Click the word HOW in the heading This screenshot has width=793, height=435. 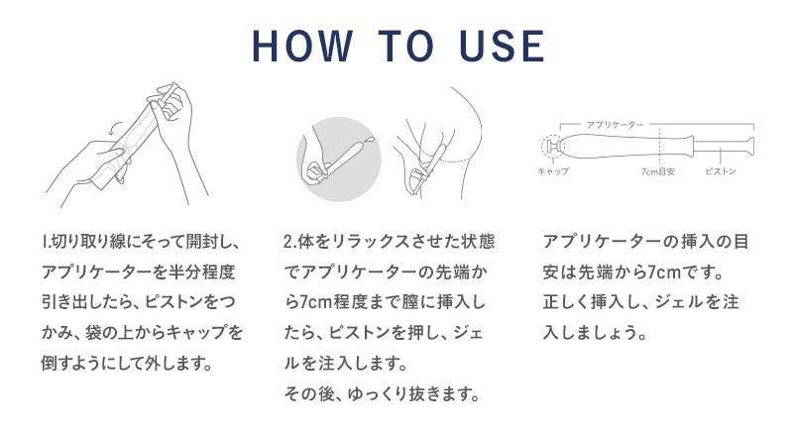pyautogui.click(x=302, y=46)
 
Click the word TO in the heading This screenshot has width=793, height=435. pyautogui.click(x=405, y=46)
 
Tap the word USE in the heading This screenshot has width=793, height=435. pyautogui.click(x=503, y=46)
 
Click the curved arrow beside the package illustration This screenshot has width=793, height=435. pyautogui.click(x=116, y=127)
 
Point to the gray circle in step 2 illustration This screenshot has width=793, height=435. pyautogui.click(x=338, y=160)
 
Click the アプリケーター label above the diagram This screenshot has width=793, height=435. pyautogui.click(x=615, y=125)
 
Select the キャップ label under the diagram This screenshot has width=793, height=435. pyautogui.click(x=553, y=171)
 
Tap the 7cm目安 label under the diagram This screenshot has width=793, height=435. pyautogui.click(x=658, y=171)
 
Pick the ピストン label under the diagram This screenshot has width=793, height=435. pyautogui.click(x=721, y=171)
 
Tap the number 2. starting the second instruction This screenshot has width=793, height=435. pyautogui.click(x=289, y=242)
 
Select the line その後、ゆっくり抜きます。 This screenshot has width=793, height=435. pyautogui.click(x=383, y=393)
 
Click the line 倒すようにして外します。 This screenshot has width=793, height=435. pyautogui.click(x=127, y=364)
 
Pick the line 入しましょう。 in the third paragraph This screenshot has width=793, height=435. pyautogui.click(x=596, y=333)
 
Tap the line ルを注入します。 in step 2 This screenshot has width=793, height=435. pyautogui.click(x=346, y=364)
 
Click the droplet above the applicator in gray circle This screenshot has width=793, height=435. pyautogui.click(x=370, y=140)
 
